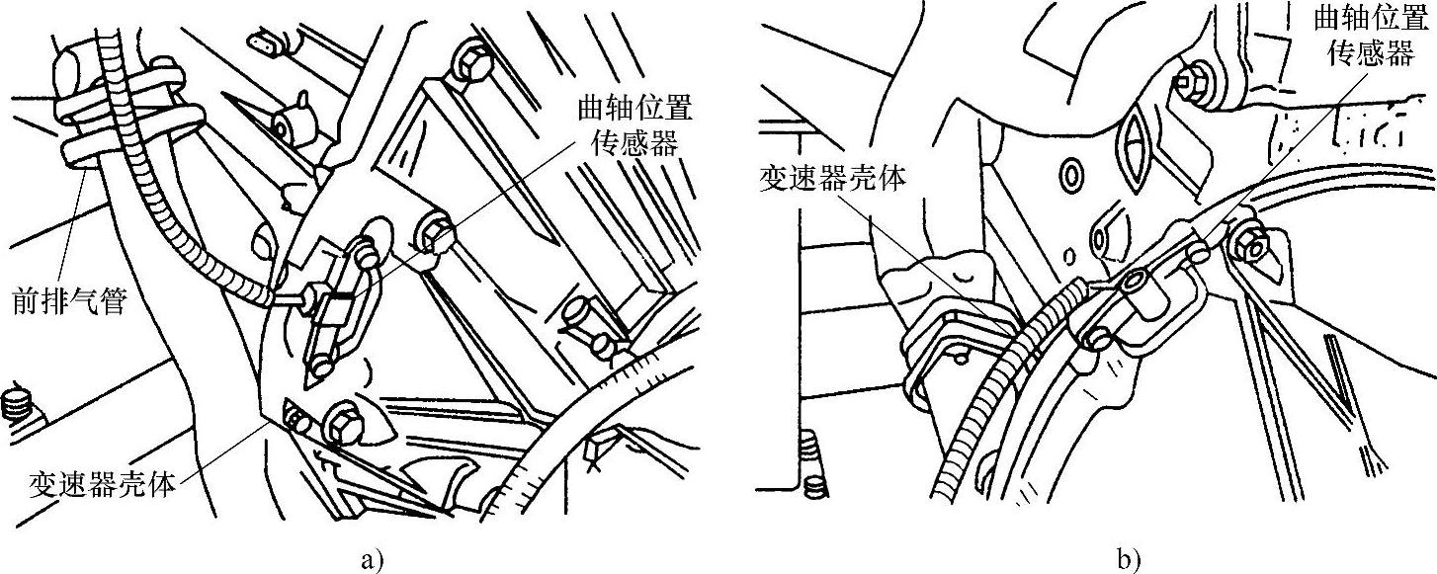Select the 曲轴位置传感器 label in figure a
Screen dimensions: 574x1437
pos(632,126)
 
